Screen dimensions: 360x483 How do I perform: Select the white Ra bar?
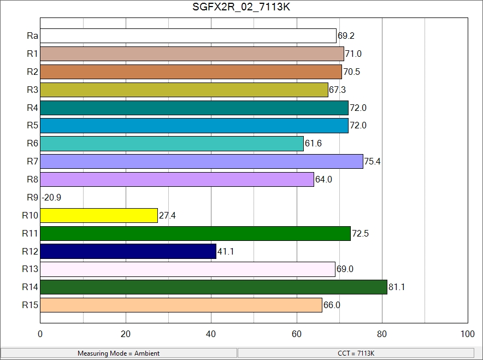[188, 36]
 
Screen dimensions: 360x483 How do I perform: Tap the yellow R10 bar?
[99, 215]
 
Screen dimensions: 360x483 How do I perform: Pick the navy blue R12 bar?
[128, 251]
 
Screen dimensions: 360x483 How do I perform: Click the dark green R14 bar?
[214, 287]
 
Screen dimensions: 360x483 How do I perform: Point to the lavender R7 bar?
[202, 161]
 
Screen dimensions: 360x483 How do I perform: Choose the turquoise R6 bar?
[172, 144]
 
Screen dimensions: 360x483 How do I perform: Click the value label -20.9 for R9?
[51, 197]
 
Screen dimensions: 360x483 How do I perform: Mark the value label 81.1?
[397, 287]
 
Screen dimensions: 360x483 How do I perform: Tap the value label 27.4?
[167, 216]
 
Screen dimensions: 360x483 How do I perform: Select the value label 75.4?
[373, 162]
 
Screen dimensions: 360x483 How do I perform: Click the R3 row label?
[32, 90]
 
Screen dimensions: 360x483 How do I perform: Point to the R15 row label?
[30, 305]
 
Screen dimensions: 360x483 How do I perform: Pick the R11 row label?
[30, 233]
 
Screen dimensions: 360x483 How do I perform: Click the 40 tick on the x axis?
[211, 334]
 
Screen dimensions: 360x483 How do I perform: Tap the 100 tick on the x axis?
[467, 334]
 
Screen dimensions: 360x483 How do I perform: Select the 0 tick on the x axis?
[40, 334]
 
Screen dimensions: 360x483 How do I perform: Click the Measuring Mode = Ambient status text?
[119, 353]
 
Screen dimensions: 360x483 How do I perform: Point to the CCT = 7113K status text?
[356, 353]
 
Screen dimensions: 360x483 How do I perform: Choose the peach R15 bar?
[181, 305]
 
